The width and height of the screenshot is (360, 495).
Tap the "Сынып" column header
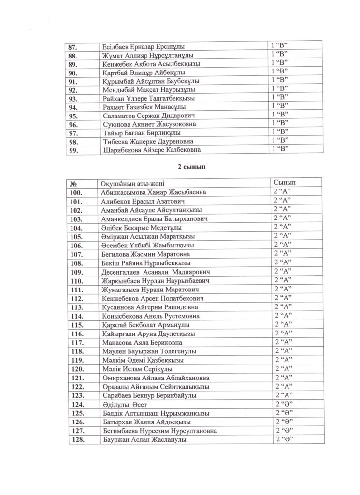pyautogui.click(x=285, y=183)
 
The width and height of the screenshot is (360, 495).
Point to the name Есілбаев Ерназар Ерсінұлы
pyautogui.click(x=145, y=47)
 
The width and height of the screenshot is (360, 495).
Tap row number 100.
pyautogui.click(x=77, y=192)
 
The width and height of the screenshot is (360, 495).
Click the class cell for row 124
pyautogui.click(x=285, y=404)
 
